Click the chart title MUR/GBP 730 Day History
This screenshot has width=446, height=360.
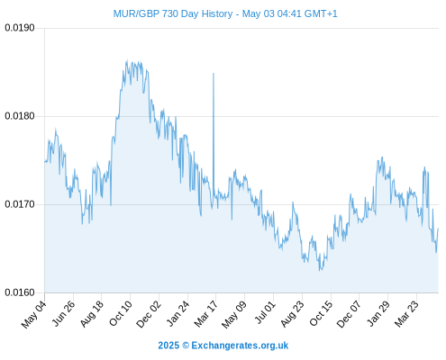coord(173,13)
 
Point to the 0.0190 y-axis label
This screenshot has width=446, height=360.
coord(20,28)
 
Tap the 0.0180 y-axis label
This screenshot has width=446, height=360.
coord(20,116)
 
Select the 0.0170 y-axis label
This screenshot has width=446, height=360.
coord(20,204)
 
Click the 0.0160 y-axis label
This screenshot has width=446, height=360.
coord(20,292)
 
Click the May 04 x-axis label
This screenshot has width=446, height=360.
coord(34,314)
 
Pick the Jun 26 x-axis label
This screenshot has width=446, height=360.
coord(63,313)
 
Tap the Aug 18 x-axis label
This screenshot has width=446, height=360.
coord(92,313)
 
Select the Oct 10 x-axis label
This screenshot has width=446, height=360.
coord(121,313)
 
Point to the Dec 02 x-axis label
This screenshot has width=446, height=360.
coord(149,314)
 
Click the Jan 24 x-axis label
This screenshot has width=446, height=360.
coord(178,313)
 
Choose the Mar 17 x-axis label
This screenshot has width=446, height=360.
coord(206,314)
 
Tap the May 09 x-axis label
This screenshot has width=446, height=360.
coord(234,314)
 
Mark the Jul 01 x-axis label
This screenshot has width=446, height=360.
coord(265,312)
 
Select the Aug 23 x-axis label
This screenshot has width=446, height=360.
coord(293,314)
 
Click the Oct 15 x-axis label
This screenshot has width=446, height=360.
coord(322,313)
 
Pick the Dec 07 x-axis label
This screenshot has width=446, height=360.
coord(349,314)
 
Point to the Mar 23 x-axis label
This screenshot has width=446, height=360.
coord(406,314)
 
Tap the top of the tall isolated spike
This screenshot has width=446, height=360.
coord(214,73)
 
